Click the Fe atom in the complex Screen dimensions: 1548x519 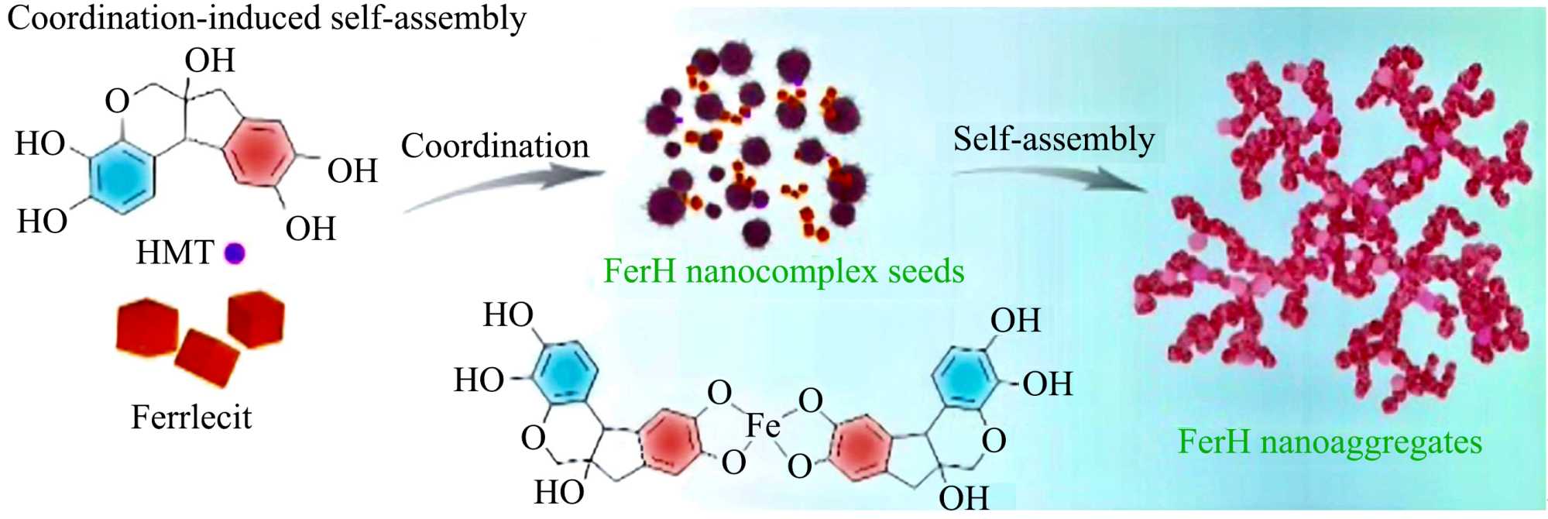(x=763, y=425)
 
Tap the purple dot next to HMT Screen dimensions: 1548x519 (x=234, y=253)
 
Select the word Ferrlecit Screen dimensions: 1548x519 (x=191, y=418)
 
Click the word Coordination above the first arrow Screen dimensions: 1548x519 (x=495, y=146)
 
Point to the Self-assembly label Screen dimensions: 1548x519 (x=1053, y=139)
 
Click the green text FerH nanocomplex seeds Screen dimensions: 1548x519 (x=784, y=271)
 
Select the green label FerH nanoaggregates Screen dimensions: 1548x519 (x=1330, y=442)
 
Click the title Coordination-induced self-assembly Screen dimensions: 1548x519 (x=266, y=18)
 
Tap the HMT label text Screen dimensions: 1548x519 (x=175, y=253)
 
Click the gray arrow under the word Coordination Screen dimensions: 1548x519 (x=503, y=186)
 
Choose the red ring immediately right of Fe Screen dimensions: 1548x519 (x=860, y=447)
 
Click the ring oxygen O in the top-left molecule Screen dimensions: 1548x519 (x=117, y=101)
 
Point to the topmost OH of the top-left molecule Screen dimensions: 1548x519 (x=209, y=60)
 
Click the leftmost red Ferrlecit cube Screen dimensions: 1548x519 (x=147, y=328)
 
